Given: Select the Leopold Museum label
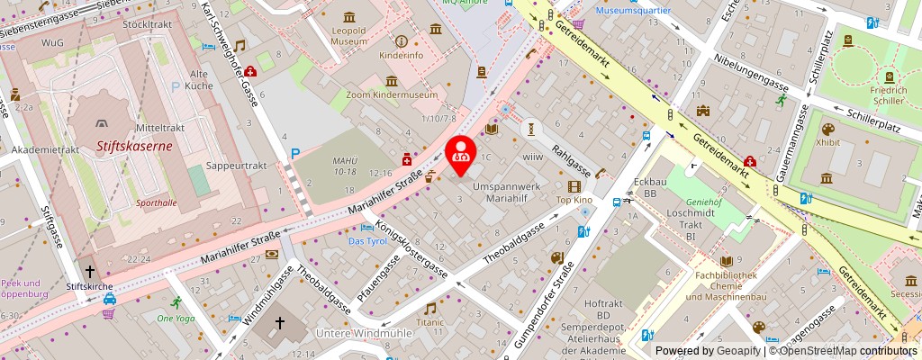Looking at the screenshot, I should (x=348, y=35).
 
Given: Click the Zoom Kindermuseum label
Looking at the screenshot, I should (x=390, y=94).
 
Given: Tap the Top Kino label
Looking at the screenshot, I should (x=574, y=199).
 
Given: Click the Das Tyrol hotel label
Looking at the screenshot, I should (x=366, y=242).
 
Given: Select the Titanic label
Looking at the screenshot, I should (x=430, y=321).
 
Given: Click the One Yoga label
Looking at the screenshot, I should (x=176, y=318).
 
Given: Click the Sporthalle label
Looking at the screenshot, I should (x=157, y=203).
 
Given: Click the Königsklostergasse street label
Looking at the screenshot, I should (x=411, y=247).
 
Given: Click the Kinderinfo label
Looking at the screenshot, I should (x=401, y=56).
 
